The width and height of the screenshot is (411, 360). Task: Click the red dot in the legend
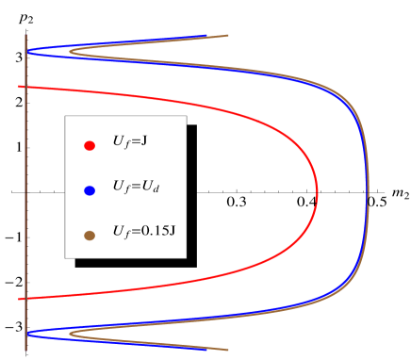90,145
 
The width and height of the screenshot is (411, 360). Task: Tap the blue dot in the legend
90,190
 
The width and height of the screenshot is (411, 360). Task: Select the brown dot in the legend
90,236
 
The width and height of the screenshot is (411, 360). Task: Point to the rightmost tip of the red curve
318,193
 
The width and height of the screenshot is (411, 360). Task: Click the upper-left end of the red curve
19,87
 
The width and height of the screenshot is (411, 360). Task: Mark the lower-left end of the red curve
19,299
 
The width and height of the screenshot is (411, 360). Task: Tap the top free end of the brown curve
228,36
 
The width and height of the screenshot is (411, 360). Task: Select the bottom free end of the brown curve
228,350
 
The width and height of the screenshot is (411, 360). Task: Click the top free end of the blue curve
206,37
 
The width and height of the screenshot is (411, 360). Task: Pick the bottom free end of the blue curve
206,349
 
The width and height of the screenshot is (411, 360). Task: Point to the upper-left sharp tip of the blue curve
27,52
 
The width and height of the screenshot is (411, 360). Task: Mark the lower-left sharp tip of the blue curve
27,333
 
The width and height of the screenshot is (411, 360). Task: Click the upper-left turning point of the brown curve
70,53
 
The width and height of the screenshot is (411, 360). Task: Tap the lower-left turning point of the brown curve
70,333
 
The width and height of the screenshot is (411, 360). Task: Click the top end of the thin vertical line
25,35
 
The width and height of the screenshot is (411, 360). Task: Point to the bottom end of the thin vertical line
25,351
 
